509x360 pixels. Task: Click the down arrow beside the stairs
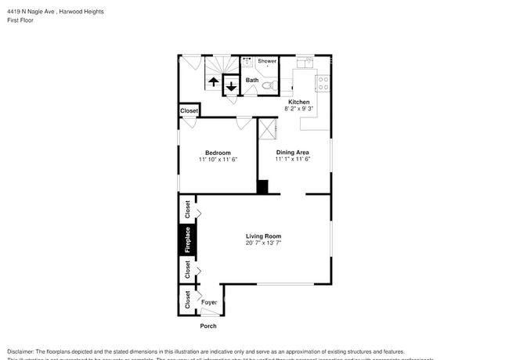(231, 85)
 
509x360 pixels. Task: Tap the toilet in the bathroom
(267, 85)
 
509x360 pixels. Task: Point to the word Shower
(267, 60)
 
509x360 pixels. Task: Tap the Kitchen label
(299, 103)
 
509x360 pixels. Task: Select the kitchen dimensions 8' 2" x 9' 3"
(299, 110)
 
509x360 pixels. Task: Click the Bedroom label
(218, 153)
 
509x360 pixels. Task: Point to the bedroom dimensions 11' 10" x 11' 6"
(218, 160)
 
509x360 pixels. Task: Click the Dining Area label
(293, 153)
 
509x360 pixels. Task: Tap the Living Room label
(263, 236)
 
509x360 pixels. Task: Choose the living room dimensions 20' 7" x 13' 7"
(263, 243)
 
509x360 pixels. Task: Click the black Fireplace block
(187, 239)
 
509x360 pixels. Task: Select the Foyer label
(209, 302)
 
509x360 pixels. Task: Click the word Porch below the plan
(208, 326)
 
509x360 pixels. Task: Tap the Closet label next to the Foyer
(187, 299)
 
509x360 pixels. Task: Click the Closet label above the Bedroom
(189, 111)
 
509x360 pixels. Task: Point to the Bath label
(252, 80)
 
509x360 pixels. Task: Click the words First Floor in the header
(22, 20)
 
